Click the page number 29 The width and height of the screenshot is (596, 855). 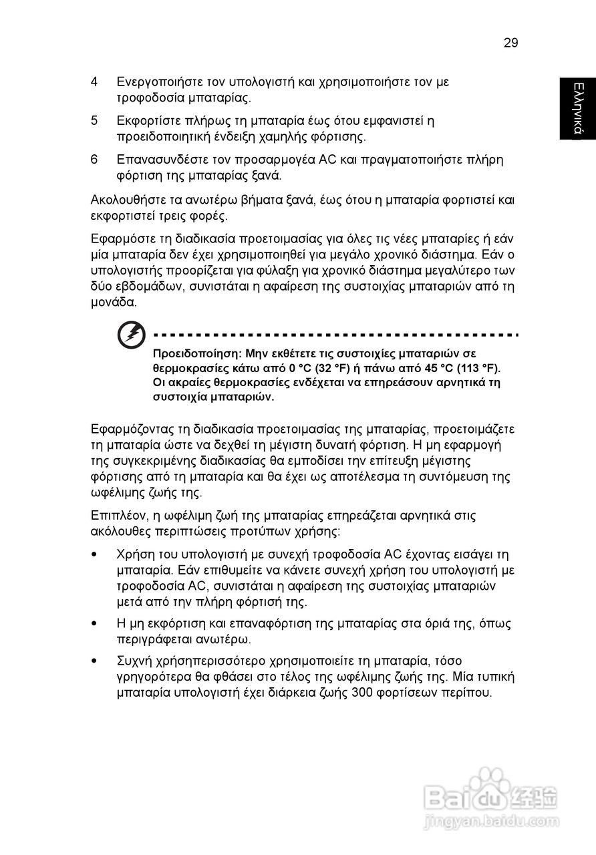point(510,43)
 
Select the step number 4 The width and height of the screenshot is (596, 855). point(95,82)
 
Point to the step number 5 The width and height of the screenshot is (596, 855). point(95,121)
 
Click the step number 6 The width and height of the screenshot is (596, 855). point(95,160)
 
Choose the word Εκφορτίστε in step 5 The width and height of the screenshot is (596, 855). point(146,121)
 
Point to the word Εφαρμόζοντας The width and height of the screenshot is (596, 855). point(132,428)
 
